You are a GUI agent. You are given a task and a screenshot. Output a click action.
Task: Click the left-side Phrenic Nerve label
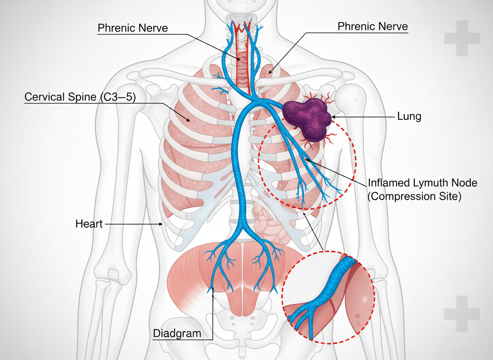click(132, 28)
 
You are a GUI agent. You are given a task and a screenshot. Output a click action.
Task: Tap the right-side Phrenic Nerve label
click(372, 27)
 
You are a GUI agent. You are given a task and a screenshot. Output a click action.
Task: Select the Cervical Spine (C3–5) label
click(80, 97)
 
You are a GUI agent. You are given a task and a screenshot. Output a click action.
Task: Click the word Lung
click(408, 117)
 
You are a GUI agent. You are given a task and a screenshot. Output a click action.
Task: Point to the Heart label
click(89, 224)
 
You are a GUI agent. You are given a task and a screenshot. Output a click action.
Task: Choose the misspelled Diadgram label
click(177, 333)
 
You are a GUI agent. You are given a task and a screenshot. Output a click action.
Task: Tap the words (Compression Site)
click(414, 196)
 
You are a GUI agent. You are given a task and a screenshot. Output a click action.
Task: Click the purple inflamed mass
click(308, 117)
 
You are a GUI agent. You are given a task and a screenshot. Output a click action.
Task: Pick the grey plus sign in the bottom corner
click(462, 314)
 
